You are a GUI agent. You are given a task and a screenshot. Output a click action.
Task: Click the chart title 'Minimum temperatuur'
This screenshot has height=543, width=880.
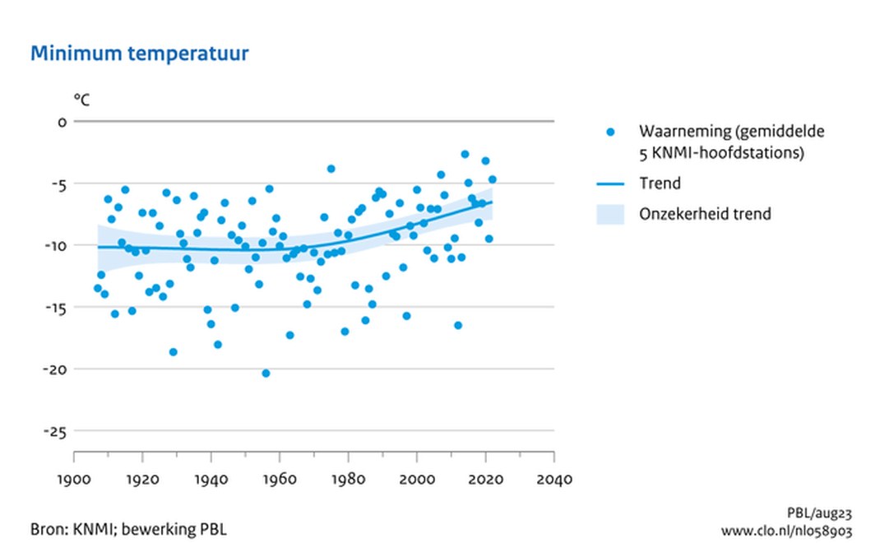pos(139,54)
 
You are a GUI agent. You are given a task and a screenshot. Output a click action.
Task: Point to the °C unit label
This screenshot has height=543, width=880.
pos(81,100)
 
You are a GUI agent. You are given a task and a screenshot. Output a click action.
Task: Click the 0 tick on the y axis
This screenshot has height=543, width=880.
pos(60,122)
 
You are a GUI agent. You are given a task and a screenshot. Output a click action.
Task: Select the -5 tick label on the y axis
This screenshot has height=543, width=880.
pos(56,183)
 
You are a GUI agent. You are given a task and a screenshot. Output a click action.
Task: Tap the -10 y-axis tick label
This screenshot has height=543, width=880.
pos(54,245)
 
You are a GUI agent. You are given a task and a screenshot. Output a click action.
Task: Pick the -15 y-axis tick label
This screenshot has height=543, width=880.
pos(54,307)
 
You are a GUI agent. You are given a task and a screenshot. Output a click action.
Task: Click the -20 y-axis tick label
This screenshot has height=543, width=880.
pos(54,369)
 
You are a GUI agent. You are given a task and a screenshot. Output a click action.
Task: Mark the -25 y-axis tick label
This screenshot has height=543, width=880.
pos(54,430)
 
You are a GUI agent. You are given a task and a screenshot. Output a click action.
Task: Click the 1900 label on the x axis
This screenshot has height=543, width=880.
pos(74,478)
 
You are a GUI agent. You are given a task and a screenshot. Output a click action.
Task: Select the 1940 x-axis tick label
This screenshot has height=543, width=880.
pos(211,478)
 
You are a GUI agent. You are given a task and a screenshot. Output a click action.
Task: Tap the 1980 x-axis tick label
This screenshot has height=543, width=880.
pos(349,478)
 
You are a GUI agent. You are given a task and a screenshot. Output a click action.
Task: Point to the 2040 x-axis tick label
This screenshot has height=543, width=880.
pos(554,478)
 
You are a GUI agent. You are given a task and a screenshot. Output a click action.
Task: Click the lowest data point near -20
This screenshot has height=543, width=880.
pos(266,374)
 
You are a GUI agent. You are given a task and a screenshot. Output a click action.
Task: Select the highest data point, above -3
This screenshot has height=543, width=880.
pos(465,154)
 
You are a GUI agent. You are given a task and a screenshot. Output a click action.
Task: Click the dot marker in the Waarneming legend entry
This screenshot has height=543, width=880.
pos(610,132)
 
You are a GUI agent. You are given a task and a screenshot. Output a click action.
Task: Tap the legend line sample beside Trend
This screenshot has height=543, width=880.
pos(610,183)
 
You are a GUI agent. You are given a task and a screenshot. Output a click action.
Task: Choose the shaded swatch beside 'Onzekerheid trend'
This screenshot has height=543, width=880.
pos(610,214)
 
